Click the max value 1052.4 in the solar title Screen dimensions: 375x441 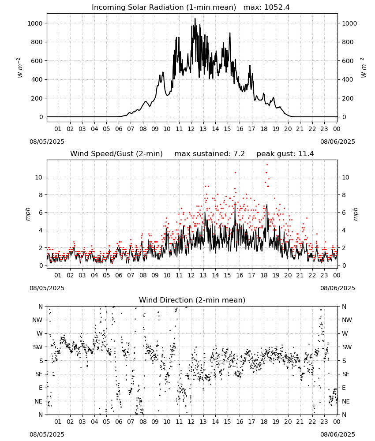(277, 7)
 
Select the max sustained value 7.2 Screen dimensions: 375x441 (239, 154)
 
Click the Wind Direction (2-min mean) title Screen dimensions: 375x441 (192, 300)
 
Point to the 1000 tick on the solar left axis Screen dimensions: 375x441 (35, 23)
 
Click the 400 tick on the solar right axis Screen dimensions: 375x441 (348, 79)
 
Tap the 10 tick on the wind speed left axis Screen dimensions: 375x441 (39, 177)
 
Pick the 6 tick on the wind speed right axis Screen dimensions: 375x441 (344, 213)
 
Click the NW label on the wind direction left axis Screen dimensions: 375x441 (37, 320)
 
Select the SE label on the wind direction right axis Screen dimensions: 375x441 (346, 374)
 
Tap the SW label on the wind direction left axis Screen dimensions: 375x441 (38, 347)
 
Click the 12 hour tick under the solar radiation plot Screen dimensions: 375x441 (191, 129)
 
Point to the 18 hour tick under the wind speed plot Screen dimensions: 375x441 (264, 275)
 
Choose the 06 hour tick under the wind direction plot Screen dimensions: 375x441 (119, 422)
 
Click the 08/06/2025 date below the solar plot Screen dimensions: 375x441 (337, 142)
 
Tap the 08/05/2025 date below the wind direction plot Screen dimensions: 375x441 (47, 434)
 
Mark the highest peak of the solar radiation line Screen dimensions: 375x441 (195, 18)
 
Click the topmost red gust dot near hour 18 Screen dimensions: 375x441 (267, 165)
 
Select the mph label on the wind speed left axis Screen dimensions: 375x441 (27, 214)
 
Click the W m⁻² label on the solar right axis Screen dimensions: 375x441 (363, 68)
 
